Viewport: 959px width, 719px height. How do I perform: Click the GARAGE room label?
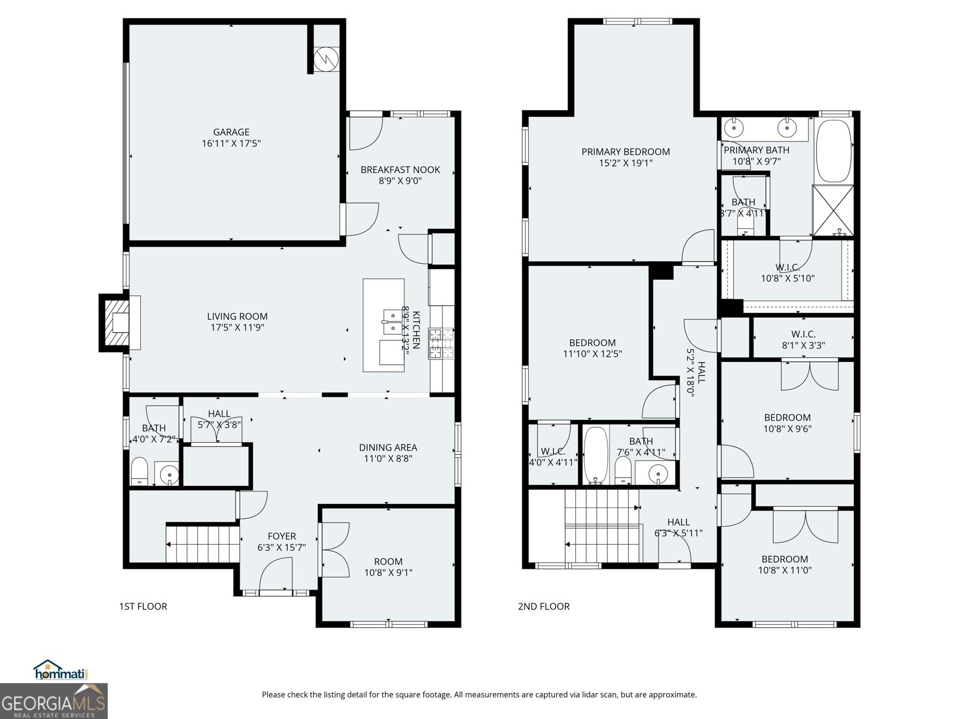point(231,132)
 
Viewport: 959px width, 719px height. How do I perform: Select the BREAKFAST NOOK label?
point(400,170)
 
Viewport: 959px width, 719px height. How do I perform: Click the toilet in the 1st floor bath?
point(139,472)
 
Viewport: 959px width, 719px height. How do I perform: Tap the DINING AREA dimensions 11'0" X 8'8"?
point(388,459)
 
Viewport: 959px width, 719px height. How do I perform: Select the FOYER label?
point(281,536)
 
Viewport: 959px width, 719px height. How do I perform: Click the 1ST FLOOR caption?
point(143,606)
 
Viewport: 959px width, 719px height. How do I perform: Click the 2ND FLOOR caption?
point(544,606)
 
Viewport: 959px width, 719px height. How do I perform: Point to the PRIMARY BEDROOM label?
point(625,152)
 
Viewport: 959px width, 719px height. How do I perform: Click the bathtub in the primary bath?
point(834,152)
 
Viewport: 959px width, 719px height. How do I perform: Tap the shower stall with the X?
point(833,211)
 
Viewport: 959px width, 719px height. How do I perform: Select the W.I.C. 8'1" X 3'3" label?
point(803,340)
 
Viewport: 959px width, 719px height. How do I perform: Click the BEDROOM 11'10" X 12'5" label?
point(592,348)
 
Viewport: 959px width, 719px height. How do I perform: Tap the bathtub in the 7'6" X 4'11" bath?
point(596,455)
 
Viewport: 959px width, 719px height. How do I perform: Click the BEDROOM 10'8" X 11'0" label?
point(785,564)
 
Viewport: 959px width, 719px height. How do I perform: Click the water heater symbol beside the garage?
point(327,58)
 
